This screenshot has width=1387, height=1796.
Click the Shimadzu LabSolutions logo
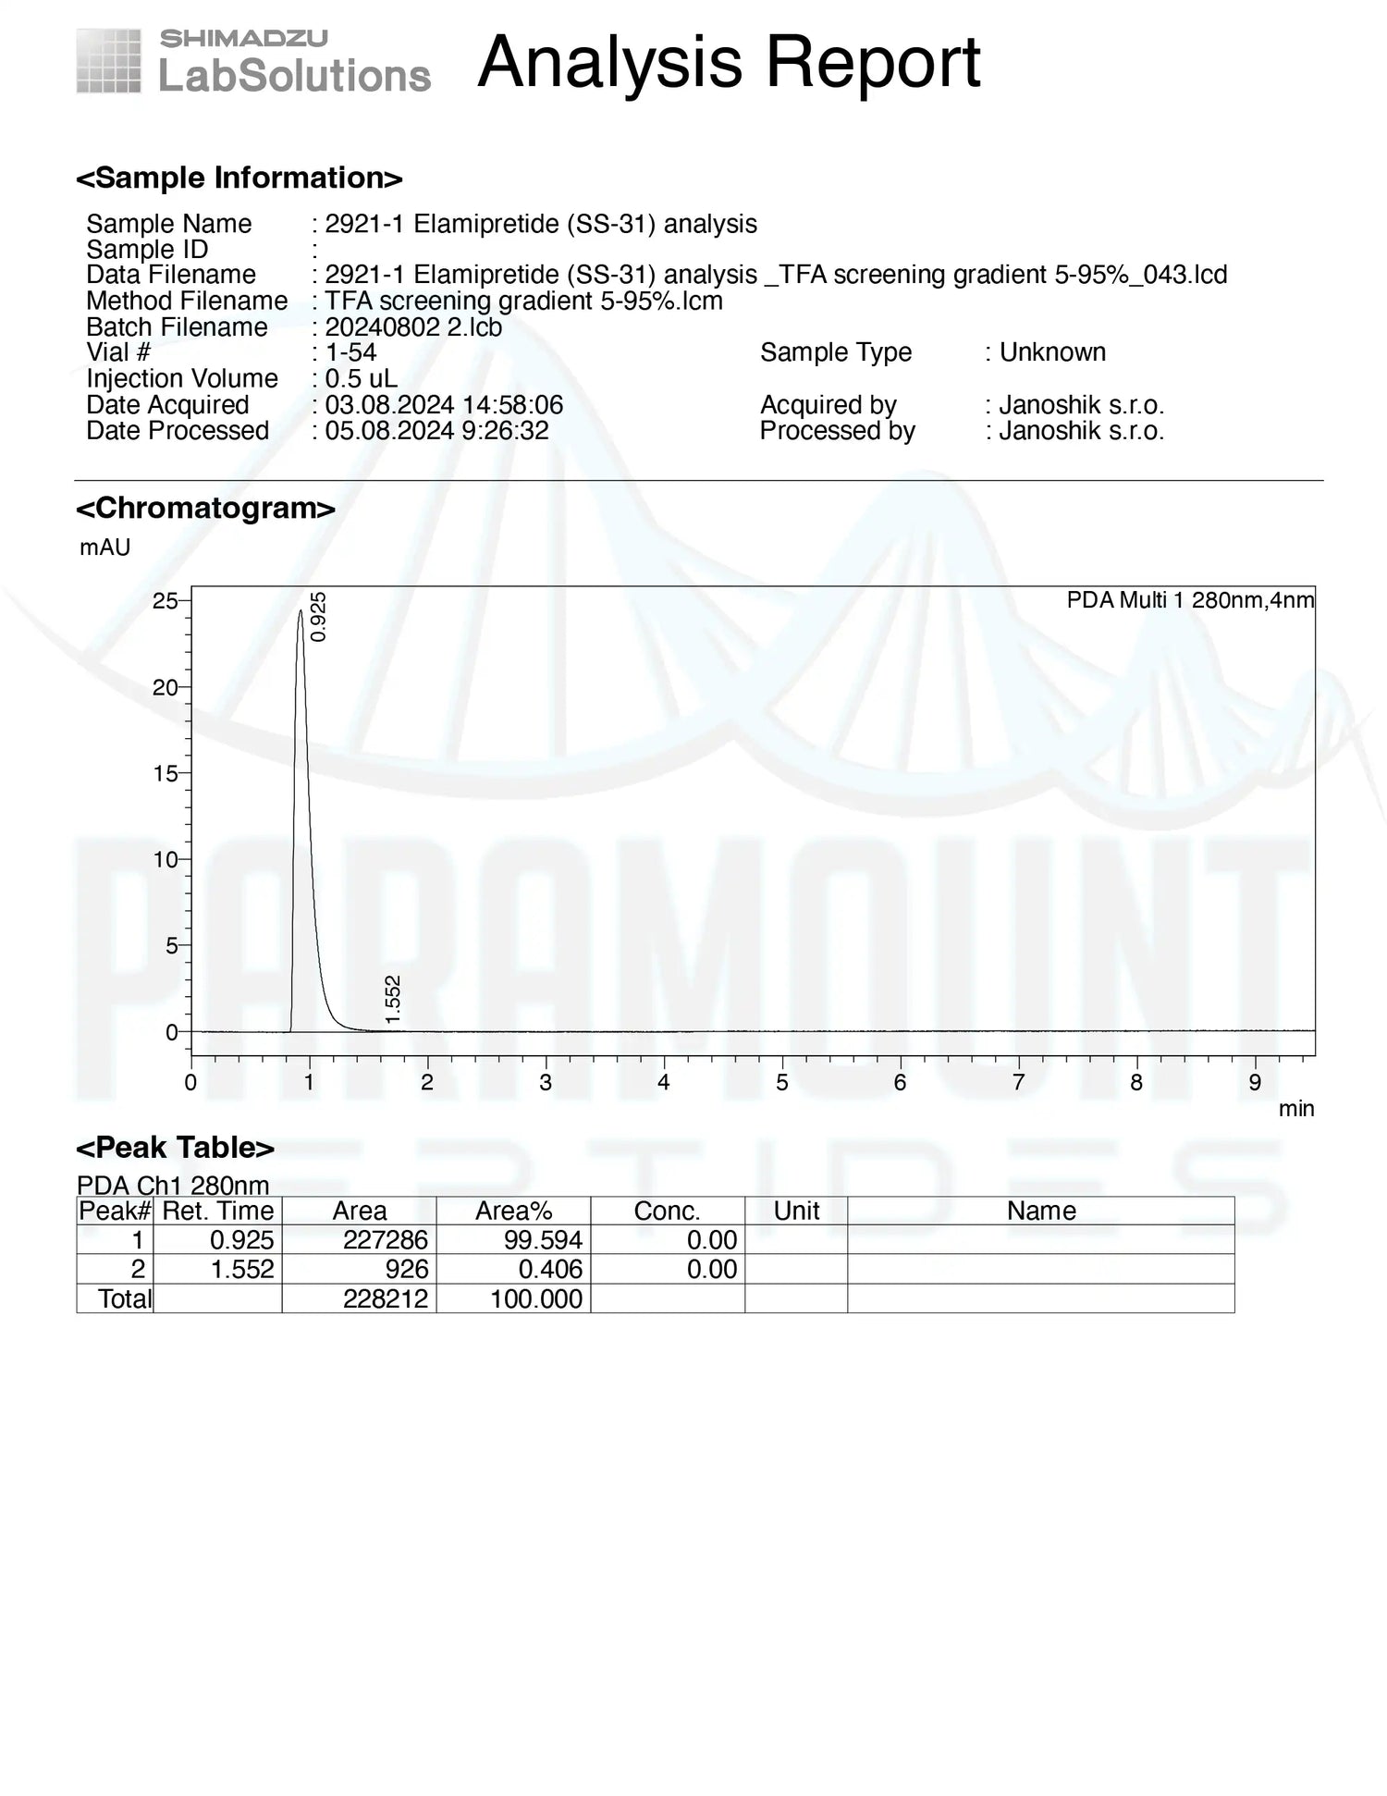[x=252, y=61]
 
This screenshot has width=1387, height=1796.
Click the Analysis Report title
[x=729, y=63]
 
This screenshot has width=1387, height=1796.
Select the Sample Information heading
[x=239, y=178]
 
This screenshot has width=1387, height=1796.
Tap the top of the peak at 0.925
[x=300, y=611]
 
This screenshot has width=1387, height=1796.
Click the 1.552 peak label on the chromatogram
[x=392, y=999]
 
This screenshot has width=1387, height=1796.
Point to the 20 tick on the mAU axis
[x=166, y=687]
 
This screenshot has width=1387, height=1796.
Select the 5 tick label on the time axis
[x=781, y=1083]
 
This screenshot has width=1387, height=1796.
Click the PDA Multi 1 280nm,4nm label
[x=1190, y=600]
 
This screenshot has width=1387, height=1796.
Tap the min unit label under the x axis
[x=1295, y=1109]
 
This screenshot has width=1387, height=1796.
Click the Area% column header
[x=513, y=1211]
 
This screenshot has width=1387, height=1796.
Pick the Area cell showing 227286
[x=385, y=1240]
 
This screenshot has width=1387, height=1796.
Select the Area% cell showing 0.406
[x=550, y=1270]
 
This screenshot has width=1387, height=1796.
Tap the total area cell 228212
[x=385, y=1298]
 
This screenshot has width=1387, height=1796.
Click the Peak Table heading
[x=175, y=1148]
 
